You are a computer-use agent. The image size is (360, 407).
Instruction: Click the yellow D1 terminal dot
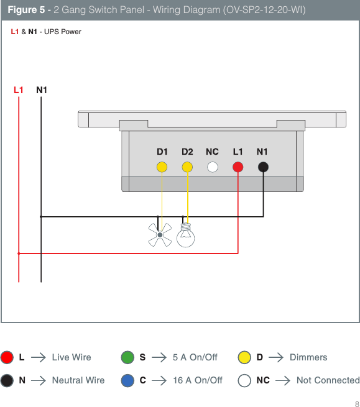coord(162,167)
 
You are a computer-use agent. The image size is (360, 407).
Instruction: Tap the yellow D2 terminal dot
coord(187,167)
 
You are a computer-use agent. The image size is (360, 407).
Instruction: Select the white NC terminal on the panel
coord(213,167)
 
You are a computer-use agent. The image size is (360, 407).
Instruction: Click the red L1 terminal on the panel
coord(238,167)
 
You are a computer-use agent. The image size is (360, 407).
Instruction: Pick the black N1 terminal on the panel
coord(263,167)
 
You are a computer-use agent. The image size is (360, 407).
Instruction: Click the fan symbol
coord(160,235)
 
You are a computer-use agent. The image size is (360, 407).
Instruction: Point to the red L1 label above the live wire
coord(19,89)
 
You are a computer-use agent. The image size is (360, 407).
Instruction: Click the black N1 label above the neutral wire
coord(42,89)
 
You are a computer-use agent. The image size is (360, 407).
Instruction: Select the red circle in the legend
coord(7,357)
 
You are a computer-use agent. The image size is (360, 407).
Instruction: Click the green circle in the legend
coord(127,357)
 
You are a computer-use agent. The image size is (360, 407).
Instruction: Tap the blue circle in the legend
coord(127,380)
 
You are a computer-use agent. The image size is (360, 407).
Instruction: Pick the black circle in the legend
coord(7,380)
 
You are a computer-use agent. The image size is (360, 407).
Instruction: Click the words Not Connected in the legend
coord(328,380)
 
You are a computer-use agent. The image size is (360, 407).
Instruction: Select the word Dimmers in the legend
coord(308,357)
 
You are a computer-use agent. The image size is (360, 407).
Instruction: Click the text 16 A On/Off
coord(197,380)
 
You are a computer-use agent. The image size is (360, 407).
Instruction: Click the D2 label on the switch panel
coord(187,151)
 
